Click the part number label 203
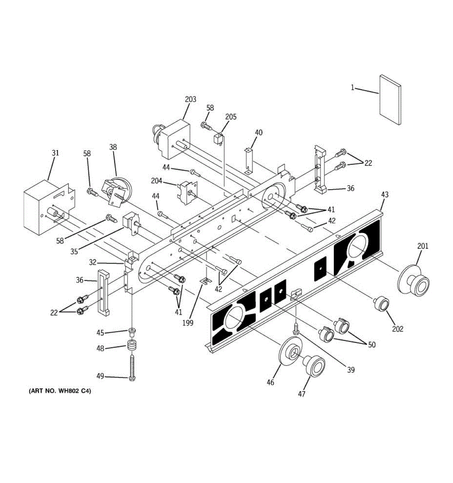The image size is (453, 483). click(x=190, y=99)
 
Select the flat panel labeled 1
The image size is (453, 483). click(x=390, y=99)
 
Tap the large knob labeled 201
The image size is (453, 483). click(x=414, y=281)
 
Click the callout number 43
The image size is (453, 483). click(x=385, y=194)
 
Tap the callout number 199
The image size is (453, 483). click(x=188, y=322)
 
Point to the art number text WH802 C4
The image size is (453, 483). click(x=60, y=391)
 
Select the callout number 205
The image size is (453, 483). click(x=231, y=117)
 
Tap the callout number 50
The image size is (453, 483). click(x=371, y=345)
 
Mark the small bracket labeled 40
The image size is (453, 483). click(x=249, y=159)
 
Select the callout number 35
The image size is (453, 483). click(x=74, y=252)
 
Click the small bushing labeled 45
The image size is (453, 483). click(x=132, y=332)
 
